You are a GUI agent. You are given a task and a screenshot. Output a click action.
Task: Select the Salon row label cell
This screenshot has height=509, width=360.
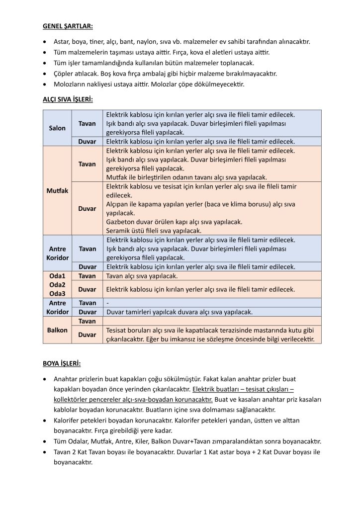pos(58,128)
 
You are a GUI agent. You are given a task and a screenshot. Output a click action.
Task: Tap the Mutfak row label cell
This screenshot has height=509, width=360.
pos(58,190)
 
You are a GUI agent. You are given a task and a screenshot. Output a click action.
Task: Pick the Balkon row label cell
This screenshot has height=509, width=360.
pos(58,330)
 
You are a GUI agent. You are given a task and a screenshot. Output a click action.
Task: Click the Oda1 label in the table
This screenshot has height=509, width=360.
pos(58,276)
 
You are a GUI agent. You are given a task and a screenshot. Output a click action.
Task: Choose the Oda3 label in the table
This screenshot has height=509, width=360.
pos(58,293)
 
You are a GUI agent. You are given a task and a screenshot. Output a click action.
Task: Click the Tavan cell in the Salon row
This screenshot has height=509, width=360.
pos(88,123)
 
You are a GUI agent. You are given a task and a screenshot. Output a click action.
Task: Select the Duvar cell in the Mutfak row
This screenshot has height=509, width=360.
pos(88,209)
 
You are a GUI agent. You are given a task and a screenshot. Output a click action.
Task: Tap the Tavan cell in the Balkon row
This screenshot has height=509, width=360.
pos(88,322)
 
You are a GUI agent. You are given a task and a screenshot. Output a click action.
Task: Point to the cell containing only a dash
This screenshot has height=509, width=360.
pos(107,303)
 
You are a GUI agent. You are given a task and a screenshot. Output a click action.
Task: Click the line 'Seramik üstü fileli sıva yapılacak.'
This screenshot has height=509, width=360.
pos(154,231)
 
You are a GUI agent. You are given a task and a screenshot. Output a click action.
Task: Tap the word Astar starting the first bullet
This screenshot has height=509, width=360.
pos(62,42)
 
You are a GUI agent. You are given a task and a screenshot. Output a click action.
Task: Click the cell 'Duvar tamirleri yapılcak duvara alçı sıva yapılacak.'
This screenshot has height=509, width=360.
pos(180,312)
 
